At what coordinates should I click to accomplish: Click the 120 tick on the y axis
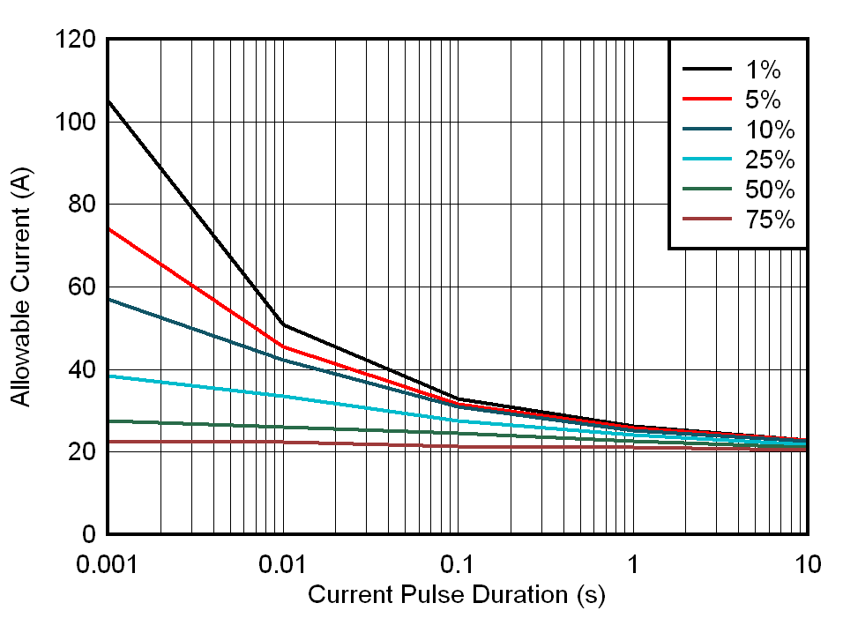point(76,40)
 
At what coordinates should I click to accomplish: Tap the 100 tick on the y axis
point(76,122)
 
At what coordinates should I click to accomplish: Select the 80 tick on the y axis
point(81,205)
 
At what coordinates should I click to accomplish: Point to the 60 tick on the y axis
point(81,287)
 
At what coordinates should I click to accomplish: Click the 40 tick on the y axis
point(81,369)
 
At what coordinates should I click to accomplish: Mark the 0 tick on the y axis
point(88,534)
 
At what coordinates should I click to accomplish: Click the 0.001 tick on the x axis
point(108,562)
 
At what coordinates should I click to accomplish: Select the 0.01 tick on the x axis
point(282,562)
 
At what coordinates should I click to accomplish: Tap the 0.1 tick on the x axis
point(458,562)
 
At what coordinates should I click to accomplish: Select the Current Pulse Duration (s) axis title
point(457,595)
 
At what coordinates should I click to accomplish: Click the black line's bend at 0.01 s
point(282,324)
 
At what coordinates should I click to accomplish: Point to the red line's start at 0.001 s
point(108,228)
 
